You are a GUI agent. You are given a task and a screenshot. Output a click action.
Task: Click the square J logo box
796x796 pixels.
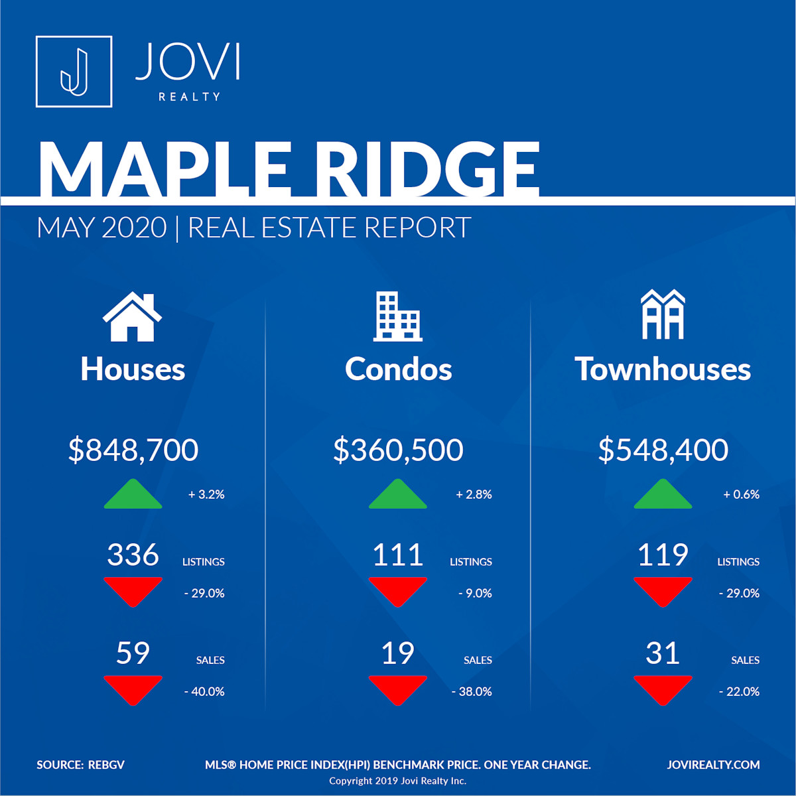[x=74, y=72]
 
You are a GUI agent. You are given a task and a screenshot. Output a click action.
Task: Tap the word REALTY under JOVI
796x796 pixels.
[x=190, y=97]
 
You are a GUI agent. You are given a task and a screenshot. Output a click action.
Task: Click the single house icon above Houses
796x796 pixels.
[x=132, y=316]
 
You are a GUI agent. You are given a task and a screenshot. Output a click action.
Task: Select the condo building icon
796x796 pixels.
[x=398, y=316]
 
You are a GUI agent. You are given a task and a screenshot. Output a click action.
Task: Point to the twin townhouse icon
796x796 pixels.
[x=663, y=314]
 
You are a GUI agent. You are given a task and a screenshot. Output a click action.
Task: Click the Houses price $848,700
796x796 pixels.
[x=133, y=450]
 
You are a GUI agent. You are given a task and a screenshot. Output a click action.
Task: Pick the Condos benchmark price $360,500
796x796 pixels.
[x=398, y=450]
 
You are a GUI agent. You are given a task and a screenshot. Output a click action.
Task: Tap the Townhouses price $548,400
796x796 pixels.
[x=663, y=450]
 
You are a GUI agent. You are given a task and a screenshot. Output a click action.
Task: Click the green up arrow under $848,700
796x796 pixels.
[x=133, y=494]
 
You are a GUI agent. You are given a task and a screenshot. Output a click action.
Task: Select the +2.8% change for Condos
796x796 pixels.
[x=474, y=494]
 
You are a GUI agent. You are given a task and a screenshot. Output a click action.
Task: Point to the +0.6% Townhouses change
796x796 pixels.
[x=741, y=494]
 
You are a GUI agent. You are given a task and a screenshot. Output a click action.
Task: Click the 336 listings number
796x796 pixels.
[x=133, y=555]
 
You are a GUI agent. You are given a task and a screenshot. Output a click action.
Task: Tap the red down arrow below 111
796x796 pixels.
[x=398, y=592]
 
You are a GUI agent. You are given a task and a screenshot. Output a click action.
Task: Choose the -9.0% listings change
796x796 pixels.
[x=475, y=594]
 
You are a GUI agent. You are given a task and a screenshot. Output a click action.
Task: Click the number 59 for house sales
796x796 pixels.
[x=133, y=653]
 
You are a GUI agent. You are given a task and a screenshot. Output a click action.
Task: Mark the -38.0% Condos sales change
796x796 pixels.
[x=472, y=692]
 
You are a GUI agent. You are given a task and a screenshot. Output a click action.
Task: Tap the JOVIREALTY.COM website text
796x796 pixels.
[x=713, y=765]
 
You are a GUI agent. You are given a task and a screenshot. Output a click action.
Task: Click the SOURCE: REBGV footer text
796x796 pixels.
[x=80, y=765]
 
